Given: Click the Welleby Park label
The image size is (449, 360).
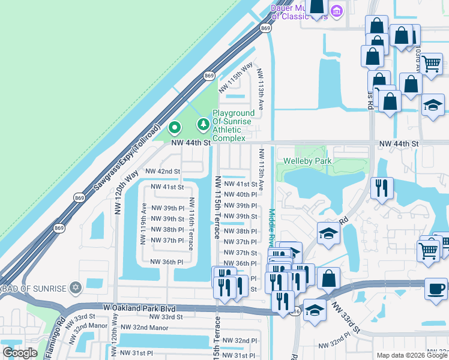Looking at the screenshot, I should [307, 161].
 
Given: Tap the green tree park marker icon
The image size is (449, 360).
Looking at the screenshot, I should [203, 124].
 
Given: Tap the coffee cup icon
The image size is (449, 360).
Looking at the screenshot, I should [435, 289].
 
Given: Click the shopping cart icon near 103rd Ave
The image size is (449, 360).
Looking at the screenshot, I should [431, 63].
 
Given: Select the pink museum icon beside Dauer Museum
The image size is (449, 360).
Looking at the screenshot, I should [337, 11].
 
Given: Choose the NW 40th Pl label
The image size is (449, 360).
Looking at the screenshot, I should [240, 194].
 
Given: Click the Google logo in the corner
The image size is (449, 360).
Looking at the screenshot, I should [20, 353].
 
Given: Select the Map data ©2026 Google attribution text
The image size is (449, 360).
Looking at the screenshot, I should [411, 355].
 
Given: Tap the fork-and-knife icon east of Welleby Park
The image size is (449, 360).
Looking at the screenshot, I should [382, 188].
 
